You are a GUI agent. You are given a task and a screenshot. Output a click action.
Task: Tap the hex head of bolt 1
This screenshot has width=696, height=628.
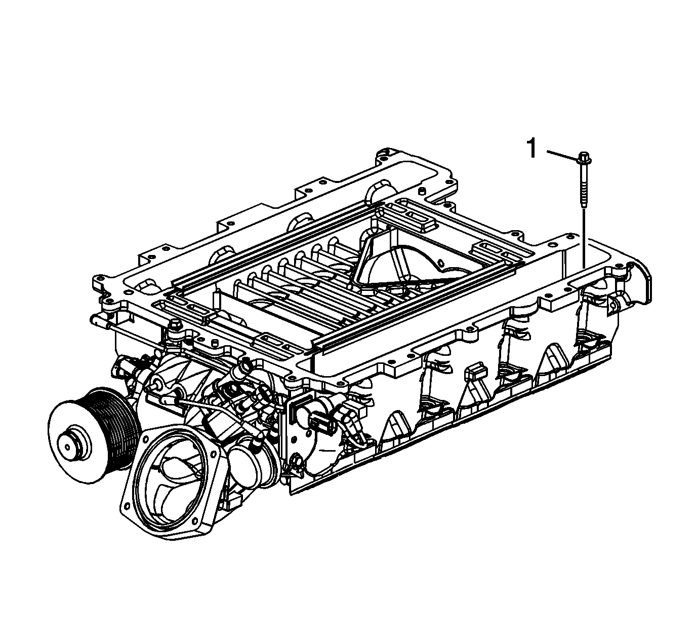click(584, 158)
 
